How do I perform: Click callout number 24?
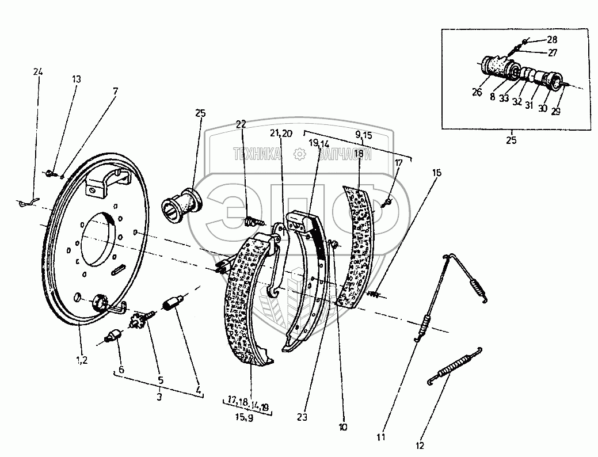[x=38, y=72]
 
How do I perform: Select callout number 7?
[x=115, y=91]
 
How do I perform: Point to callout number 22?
[x=241, y=124]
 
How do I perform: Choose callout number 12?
[x=420, y=445]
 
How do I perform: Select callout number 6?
[x=121, y=369]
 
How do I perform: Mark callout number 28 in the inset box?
[x=552, y=40]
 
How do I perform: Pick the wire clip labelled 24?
[x=27, y=201]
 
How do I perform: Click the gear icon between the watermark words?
[x=299, y=154]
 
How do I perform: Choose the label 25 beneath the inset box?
[x=511, y=140]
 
